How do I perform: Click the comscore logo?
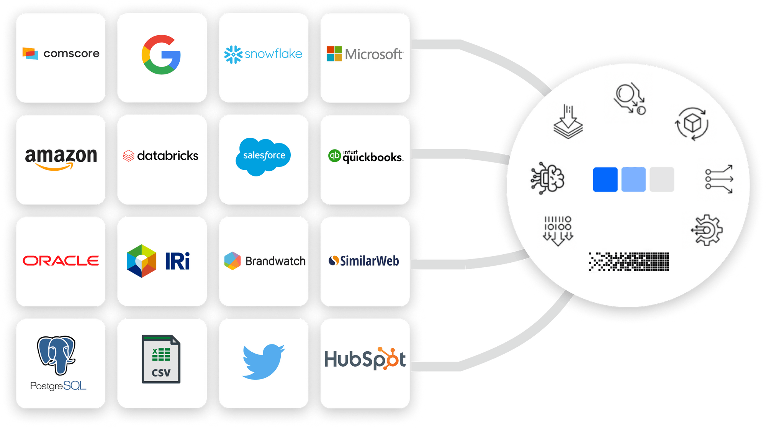click(x=61, y=53)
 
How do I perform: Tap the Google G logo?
click(x=161, y=54)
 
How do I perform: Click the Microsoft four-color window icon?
click(x=334, y=54)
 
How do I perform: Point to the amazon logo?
click(x=61, y=158)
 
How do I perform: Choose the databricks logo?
click(x=161, y=156)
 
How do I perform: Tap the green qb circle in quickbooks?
click(x=334, y=156)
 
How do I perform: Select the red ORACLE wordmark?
click(x=61, y=261)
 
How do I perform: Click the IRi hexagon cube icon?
click(x=142, y=261)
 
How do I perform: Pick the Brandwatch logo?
click(x=264, y=261)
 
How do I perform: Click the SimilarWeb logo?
click(x=364, y=261)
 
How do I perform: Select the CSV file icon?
click(x=161, y=359)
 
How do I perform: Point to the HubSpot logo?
click(x=365, y=359)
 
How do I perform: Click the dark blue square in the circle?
click(x=605, y=179)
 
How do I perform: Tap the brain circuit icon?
click(x=548, y=178)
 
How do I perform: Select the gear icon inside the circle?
click(x=707, y=230)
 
